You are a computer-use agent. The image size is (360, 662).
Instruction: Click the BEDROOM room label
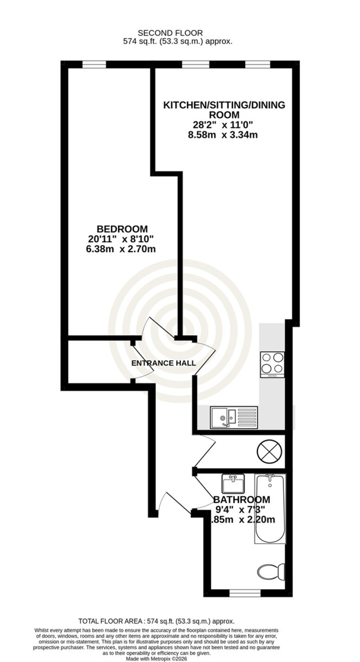pos(122,229)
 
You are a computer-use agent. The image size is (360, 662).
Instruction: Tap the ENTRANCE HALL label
pos(164,363)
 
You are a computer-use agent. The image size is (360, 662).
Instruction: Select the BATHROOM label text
pos(242,500)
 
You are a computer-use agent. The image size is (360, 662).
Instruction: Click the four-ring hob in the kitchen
pos(272,364)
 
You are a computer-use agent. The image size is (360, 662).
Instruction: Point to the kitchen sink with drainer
pos(234,417)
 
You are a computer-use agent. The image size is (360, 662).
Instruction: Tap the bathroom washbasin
pos(233,484)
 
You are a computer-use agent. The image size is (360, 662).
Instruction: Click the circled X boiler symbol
pos(270,451)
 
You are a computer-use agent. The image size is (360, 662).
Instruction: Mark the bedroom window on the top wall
pos(94,64)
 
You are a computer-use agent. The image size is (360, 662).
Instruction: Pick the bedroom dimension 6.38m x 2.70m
pos(121,249)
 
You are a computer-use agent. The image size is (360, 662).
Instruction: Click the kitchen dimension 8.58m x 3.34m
pos(223,135)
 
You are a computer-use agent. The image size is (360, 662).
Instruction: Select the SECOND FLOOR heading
pos(170,33)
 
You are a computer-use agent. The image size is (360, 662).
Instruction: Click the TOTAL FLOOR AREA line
pos(156,621)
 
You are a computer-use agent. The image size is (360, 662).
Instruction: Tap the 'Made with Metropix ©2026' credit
pos(156,659)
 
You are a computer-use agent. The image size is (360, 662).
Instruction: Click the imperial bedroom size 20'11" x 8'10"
pos(121,239)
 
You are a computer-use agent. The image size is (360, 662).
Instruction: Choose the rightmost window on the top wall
pos(258,64)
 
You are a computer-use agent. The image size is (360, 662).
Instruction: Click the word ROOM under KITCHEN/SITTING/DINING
pos(224,114)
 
